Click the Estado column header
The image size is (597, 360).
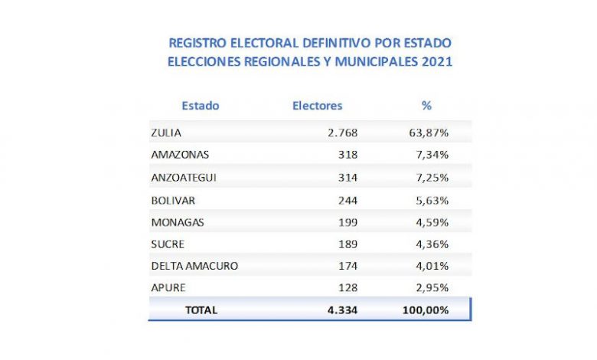tap(201, 106)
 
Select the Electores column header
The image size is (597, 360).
tap(318, 106)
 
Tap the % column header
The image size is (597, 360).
tap(427, 106)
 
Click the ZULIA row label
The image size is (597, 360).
tap(166, 133)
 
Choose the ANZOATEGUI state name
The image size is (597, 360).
tap(185, 177)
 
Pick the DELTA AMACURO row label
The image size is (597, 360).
tap(195, 266)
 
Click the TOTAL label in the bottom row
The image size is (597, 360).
tap(201, 310)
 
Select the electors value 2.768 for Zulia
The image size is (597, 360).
tap(342, 133)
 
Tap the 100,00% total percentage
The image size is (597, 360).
tap(425, 310)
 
